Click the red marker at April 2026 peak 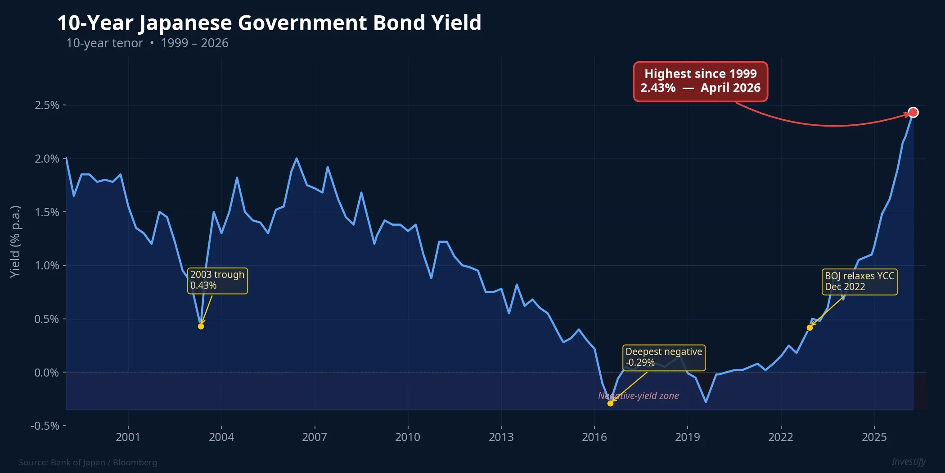click(913, 113)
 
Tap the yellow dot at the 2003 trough click(201, 326)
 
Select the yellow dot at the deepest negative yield click(610, 403)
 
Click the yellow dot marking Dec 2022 click(810, 327)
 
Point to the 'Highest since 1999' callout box click(700, 81)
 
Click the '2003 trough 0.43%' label click(217, 280)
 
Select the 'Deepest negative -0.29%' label click(664, 357)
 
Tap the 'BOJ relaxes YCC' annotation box click(859, 282)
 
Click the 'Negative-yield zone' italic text click(638, 396)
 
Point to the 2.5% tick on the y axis click(47, 105)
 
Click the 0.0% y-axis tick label click(47, 373)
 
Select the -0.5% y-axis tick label click(45, 426)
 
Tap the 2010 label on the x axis click(408, 437)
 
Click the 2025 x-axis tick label click(874, 437)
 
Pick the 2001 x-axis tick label click(128, 437)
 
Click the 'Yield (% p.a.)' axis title click(15, 241)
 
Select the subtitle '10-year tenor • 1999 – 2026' click(147, 43)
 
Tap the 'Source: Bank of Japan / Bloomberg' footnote click(88, 462)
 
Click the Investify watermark click(909, 461)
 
